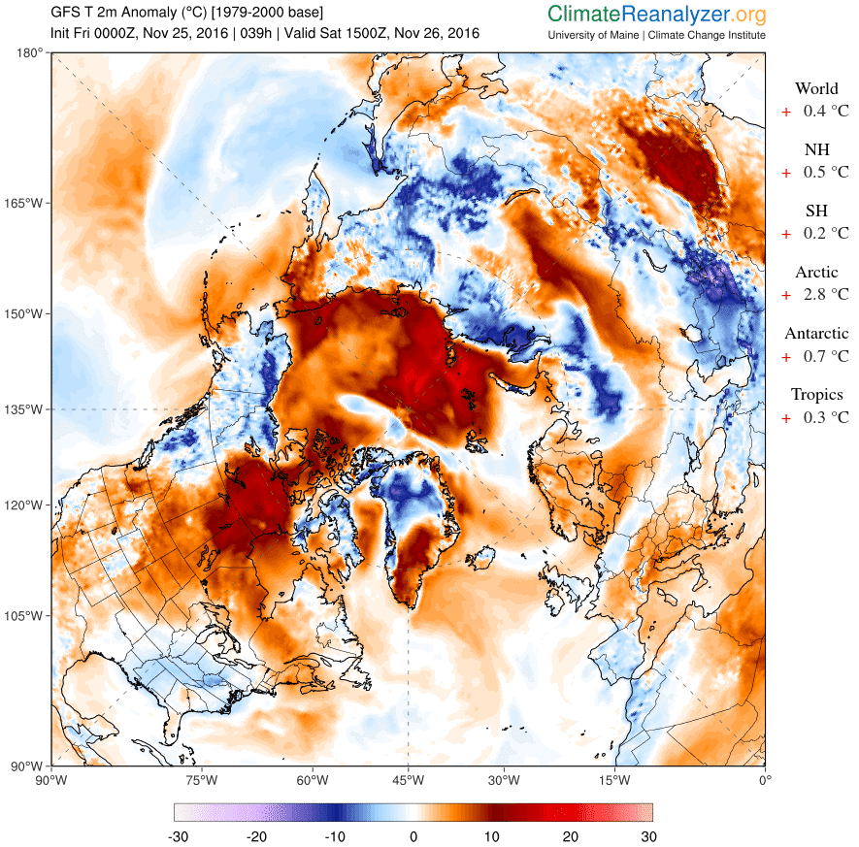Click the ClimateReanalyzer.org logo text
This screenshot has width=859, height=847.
[x=656, y=15]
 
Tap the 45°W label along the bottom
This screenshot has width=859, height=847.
[x=408, y=779]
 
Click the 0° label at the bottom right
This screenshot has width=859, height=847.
[x=765, y=779]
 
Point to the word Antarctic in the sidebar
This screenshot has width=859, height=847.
[x=816, y=334]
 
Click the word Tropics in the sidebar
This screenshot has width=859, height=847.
[x=816, y=395]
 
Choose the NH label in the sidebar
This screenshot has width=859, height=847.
[x=816, y=150]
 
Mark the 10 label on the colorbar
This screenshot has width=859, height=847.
[x=492, y=836]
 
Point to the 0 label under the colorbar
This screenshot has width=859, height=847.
[x=413, y=836]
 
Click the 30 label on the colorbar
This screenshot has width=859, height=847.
[x=648, y=836]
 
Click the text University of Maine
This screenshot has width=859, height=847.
[x=594, y=36]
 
